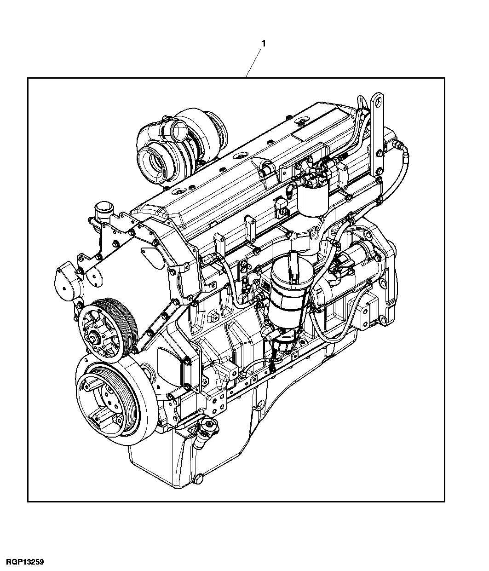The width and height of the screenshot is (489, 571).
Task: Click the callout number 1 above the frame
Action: coord(264,43)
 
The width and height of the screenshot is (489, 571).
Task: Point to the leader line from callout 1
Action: coord(254,63)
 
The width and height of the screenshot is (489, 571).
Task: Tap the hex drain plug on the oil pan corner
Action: coord(199,479)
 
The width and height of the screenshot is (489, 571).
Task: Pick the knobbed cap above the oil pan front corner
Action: coord(208,425)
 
